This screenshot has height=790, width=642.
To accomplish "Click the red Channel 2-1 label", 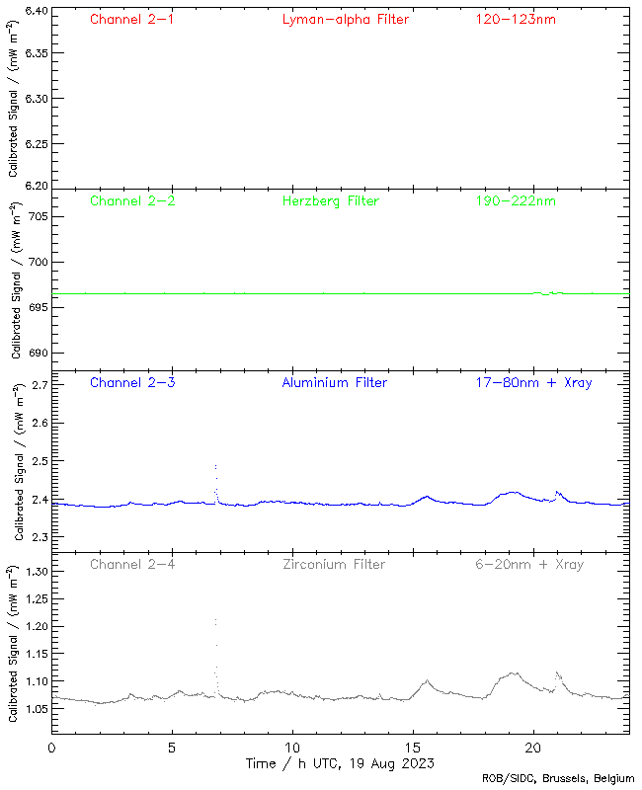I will pyautogui.click(x=132, y=19).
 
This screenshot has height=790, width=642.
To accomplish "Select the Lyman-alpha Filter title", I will pyautogui.click(x=345, y=19).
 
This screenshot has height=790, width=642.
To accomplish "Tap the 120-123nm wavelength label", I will pyautogui.click(x=516, y=19).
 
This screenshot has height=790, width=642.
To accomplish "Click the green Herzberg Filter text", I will pyautogui.click(x=330, y=200).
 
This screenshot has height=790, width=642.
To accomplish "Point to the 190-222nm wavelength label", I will pyautogui.click(x=516, y=200).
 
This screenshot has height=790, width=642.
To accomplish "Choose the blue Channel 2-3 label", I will pyautogui.click(x=132, y=382).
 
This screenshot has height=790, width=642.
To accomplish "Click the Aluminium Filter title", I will pyautogui.click(x=334, y=382).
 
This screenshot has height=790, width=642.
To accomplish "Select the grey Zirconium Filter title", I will pyautogui.click(x=334, y=564).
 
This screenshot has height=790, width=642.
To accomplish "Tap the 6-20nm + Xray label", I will pyautogui.click(x=529, y=564).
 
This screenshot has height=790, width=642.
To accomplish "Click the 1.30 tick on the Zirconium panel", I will pyautogui.click(x=37, y=572).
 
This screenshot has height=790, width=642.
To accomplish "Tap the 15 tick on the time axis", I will pyautogui.click(x=414, y=750).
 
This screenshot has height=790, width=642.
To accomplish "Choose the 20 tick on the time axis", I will pyautogui.click(x=534, y=750).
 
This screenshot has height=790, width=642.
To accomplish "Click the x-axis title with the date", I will pyautogui.click(x=340, y=763).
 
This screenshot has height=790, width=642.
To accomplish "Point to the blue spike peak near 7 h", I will pyautogui.click(x=215, y=464).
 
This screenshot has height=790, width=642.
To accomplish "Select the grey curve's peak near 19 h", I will pyautogui.click(x=513, y=673).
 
